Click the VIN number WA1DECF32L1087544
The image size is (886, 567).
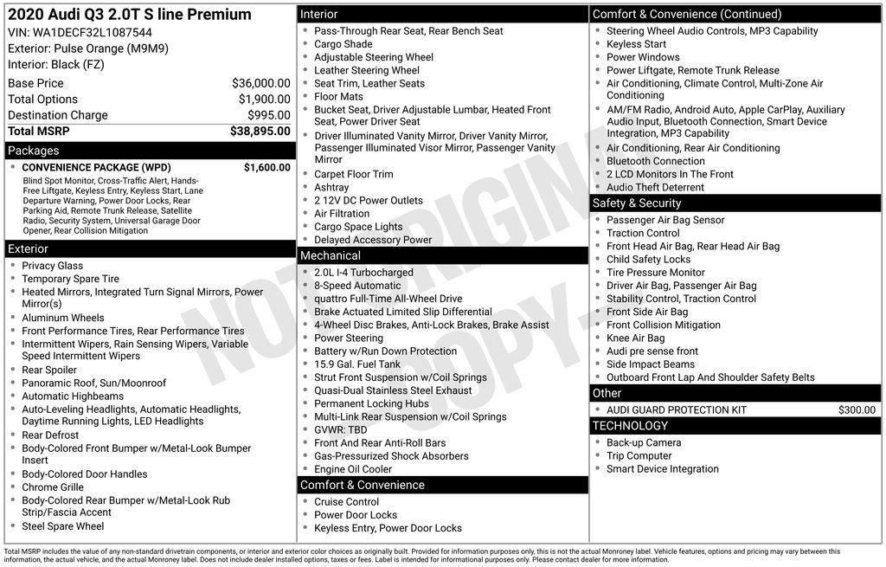point(80,33)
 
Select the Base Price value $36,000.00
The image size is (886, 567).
point(260,84)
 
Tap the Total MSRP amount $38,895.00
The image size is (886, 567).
point(260,132)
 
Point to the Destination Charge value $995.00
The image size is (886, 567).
point(268,115)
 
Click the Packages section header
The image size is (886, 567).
point(34,151)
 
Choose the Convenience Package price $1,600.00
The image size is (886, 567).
point(266,168)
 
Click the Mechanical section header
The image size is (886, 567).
point(330,255)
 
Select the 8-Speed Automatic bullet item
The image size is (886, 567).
point(357,286)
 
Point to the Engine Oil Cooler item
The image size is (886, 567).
point(353,469)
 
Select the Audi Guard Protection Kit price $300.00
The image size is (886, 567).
point(857,410)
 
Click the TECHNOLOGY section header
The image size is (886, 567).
point(630,426)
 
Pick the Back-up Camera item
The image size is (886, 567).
point(644,443)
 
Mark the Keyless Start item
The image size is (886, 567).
point(636,44)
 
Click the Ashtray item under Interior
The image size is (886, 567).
point(331,188)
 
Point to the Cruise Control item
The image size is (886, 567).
point(346,502)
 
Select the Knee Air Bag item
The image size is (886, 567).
point(635,338)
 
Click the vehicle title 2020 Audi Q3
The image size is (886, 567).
point(130,15)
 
